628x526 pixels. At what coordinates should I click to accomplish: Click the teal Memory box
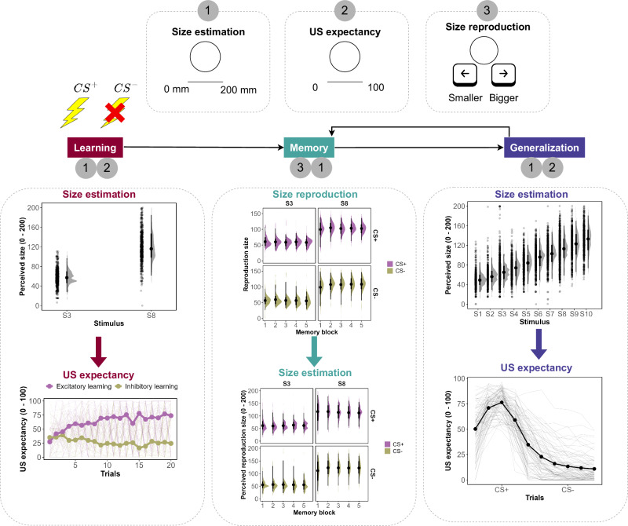tap(309, 147)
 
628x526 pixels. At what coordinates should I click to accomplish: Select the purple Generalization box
tap(544, 147)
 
